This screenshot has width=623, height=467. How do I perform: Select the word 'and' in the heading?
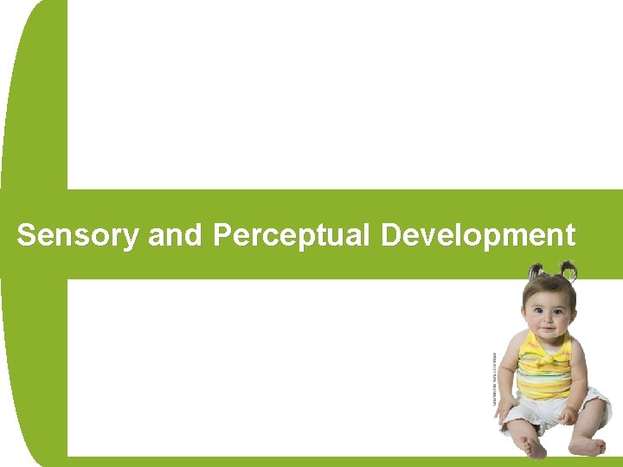(176, 235)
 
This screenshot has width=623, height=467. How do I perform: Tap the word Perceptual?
(291, 235)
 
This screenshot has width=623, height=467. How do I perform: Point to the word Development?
(478, 235)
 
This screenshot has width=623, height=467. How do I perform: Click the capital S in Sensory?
(26, 235)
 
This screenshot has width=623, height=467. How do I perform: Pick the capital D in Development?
(390, 235)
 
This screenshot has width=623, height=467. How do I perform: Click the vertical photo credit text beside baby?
(494, 379)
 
